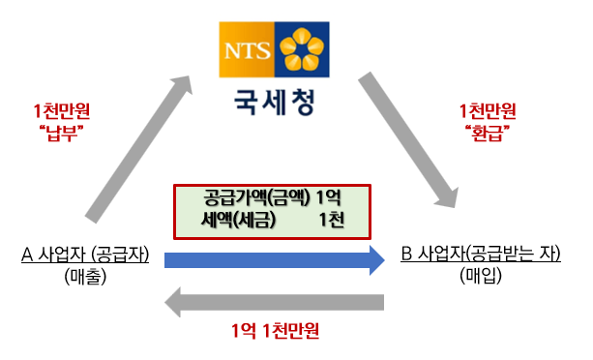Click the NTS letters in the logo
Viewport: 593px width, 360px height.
248,51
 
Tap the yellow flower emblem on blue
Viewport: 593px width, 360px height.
302,49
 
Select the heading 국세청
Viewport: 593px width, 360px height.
274,103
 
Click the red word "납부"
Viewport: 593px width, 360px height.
61,133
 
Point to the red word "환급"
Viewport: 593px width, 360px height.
488,133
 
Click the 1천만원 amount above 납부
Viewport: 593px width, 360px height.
62,111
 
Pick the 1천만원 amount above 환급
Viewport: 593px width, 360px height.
488,111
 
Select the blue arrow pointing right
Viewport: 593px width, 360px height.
275,260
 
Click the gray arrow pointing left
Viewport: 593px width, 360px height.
274,302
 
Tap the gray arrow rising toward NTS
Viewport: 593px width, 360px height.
137,148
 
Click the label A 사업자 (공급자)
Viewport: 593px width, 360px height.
85,255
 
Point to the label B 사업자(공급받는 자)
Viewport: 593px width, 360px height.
481,254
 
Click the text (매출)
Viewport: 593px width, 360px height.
85,277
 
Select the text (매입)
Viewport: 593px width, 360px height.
481,276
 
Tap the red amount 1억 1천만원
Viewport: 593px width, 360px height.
276,331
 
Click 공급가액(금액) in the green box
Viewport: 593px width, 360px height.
256,197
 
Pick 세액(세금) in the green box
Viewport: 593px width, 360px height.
238,220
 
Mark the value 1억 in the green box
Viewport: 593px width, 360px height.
328,197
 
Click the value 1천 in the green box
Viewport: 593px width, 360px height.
331,220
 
